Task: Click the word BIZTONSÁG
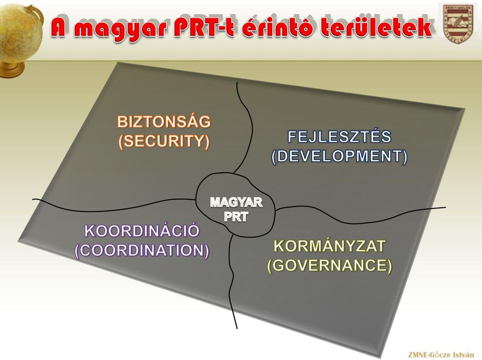point(164,121)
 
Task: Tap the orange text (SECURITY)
point(164,141)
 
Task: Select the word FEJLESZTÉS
point(339,137)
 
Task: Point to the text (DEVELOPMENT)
point(339,156)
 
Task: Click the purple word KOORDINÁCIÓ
point(142,230)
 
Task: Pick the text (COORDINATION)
point(142,250)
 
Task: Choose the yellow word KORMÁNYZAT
point(329,246)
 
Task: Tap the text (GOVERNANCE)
point(329,265)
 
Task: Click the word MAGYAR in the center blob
point(236,202)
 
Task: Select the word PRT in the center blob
point(236,217)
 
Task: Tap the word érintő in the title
point(277,28)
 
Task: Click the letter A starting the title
point(60,28)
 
